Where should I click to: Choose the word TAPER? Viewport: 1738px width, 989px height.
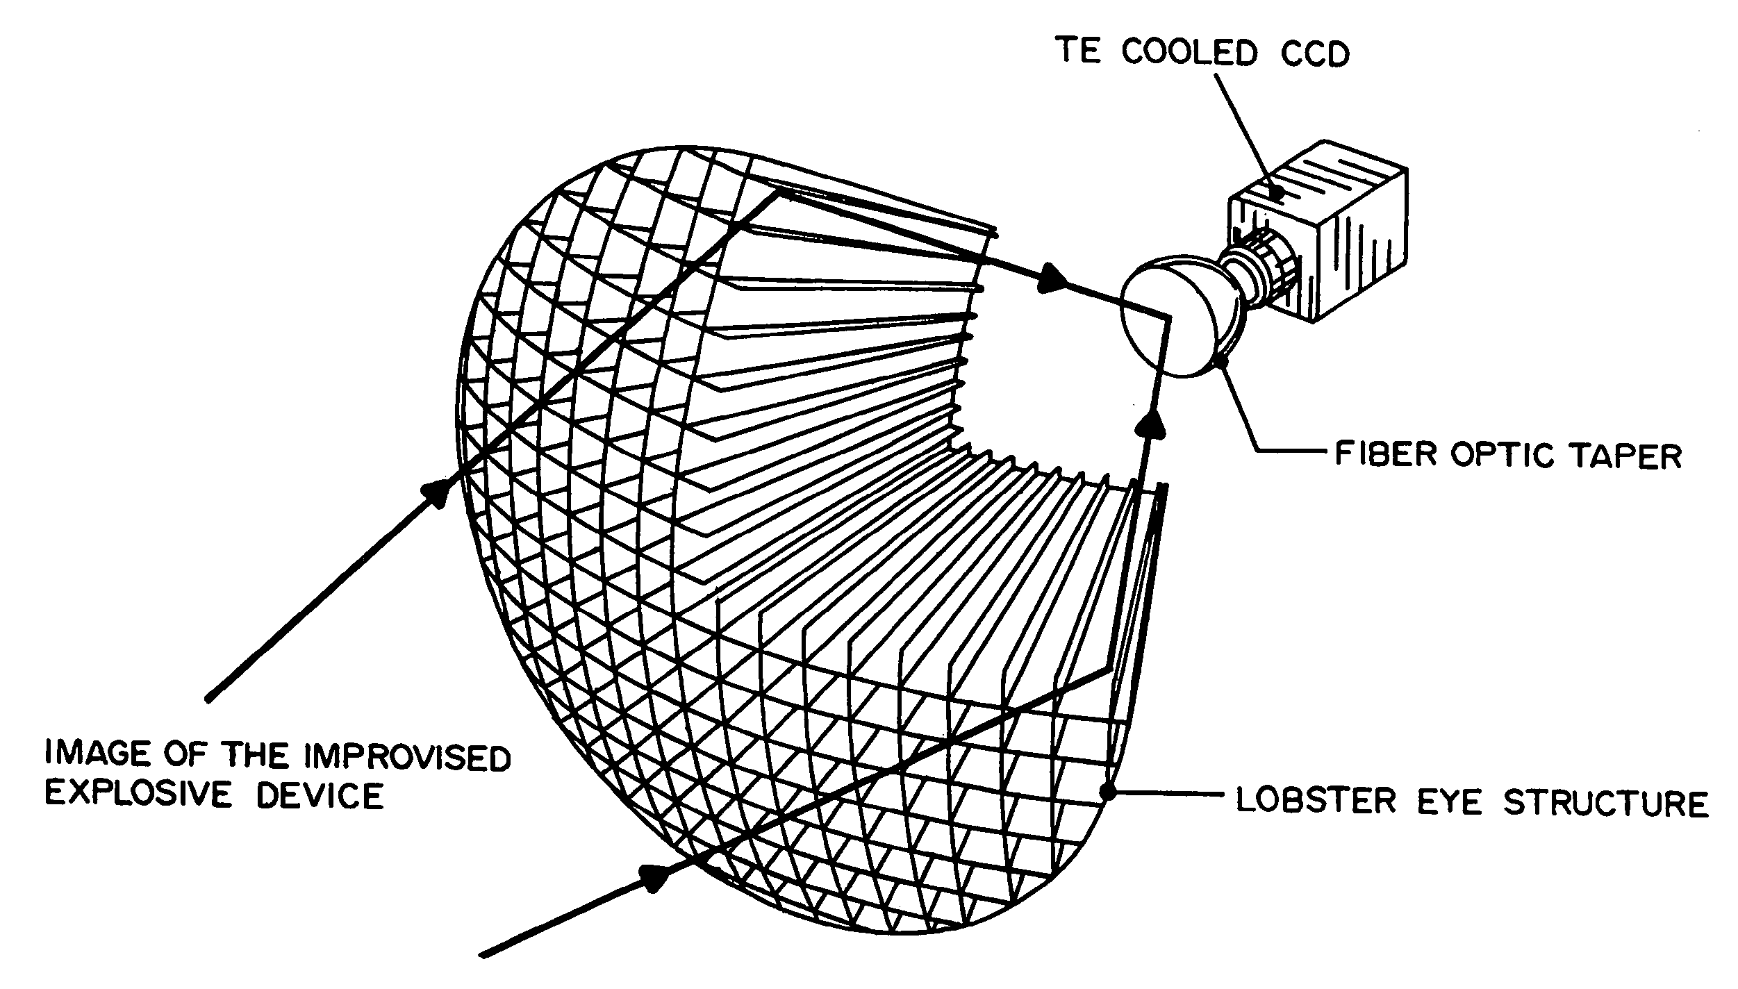[x=1625, y=456]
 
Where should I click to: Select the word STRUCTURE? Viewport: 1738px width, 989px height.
[x=1605, y=802]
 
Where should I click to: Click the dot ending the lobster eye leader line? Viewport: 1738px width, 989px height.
[x=1109, y=791]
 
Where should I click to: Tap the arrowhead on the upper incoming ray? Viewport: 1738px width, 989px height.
[x=436, y=492]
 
